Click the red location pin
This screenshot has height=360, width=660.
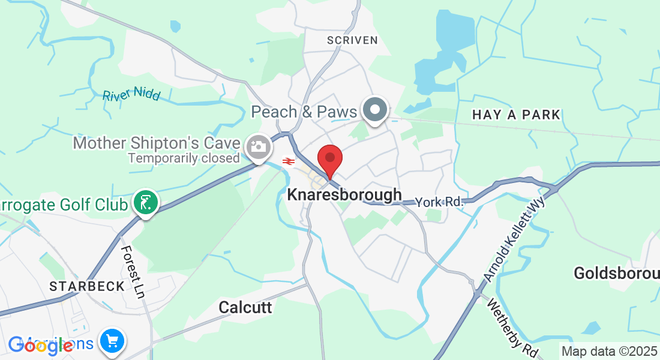[x=330, y=160]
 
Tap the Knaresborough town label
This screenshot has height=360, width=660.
[x=344, y=195]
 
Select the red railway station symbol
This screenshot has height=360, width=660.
[x=288, y=161]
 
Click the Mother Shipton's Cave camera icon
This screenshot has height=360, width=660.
[x=259, y=146]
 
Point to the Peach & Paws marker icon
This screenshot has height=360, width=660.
[x=376, y=110]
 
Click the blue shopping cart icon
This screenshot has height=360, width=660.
[x=112, y=341]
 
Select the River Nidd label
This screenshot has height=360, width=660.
[x=131, y=95]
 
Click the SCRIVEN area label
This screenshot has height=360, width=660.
[x=352, y=40]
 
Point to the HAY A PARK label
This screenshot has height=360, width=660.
[x=516, y=115]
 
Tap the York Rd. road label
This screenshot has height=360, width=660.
[x=440, y=202]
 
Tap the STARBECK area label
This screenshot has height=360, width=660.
[x=88, y=286]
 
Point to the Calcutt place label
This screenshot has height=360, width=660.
[x=245, y=308]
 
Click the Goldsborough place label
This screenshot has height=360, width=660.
[x=616, y=274]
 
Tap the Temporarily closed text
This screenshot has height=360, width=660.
[x=184, y=158]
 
